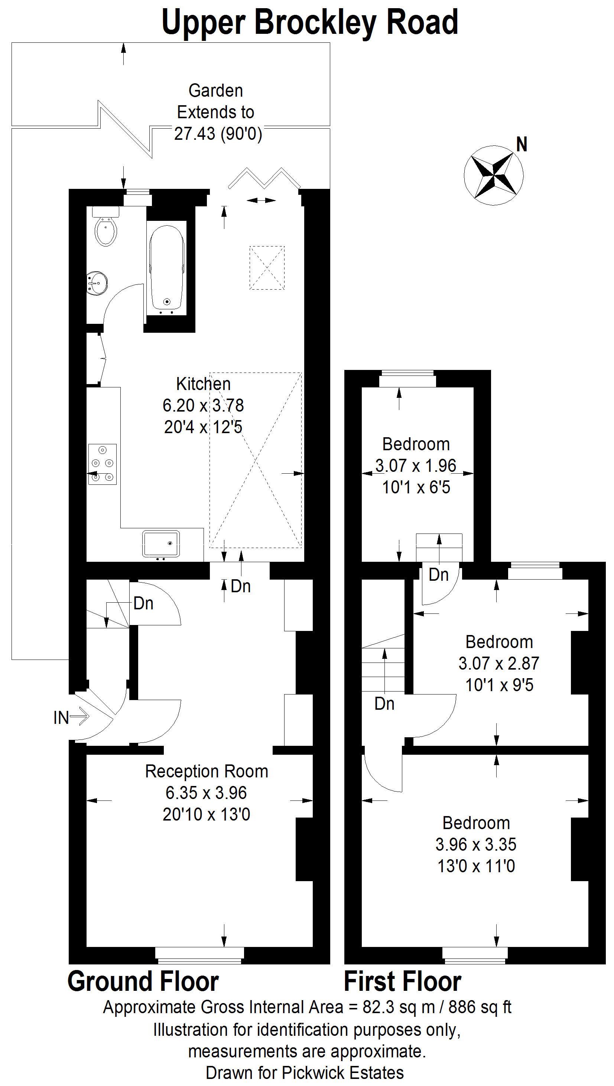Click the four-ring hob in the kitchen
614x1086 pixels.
[x=103, y=464]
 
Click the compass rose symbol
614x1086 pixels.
[x=493, y=175]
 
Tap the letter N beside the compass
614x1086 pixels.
[x=522, y=144]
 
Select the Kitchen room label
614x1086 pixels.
[x=203, y=384]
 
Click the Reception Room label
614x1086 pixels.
[x=207, y=771]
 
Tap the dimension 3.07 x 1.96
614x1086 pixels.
[x=416, y=465]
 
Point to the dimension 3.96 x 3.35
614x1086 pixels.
[x=476, y=844]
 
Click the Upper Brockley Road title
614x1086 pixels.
[x=310, y=22]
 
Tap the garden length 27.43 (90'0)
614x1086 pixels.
[x=218, y=133]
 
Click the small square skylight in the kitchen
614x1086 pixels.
[x=267, y=268]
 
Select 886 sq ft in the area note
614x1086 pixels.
[x=480, y=1007]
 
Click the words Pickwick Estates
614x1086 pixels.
[x=343, y=1073]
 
